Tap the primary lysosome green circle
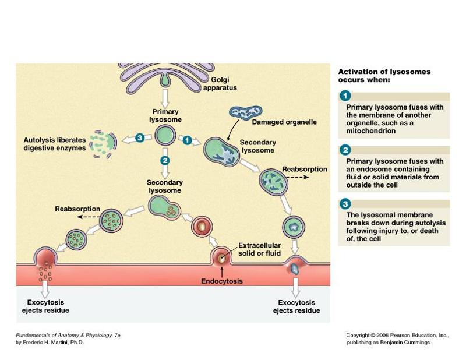[x=165, y=136]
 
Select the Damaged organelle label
[x=284, y=122]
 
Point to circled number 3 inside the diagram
[x=139, y=137]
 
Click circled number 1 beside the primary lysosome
[x=186, y=140]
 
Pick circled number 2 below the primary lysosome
[x=165, y=160]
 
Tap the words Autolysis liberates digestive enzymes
[x=54, y=144]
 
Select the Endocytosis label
[x=221, y=281]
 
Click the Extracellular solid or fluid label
[x=260, y=249]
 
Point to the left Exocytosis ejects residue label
[x=45, y=306]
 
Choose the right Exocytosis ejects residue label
[x=296, y=306]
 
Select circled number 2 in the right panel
[x=345, y=150]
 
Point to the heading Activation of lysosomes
[x=384, y=72]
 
